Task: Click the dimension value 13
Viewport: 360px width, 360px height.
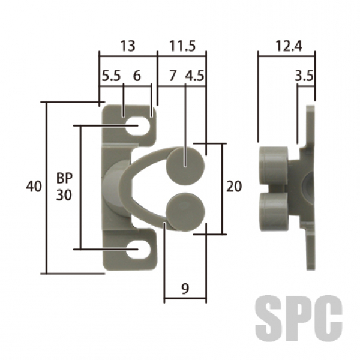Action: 128,46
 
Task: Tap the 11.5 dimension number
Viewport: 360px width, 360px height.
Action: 182,46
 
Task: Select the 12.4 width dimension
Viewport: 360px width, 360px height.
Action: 289,46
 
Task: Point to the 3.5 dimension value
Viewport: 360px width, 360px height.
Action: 304,76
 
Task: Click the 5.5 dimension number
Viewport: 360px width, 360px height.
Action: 111,76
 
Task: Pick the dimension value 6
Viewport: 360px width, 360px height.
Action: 137,76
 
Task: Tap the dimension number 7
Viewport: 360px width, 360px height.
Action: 173,76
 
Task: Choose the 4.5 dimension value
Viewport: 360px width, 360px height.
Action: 194,76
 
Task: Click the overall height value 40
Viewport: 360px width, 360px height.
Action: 34,186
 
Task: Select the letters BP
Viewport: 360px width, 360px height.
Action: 64,178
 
